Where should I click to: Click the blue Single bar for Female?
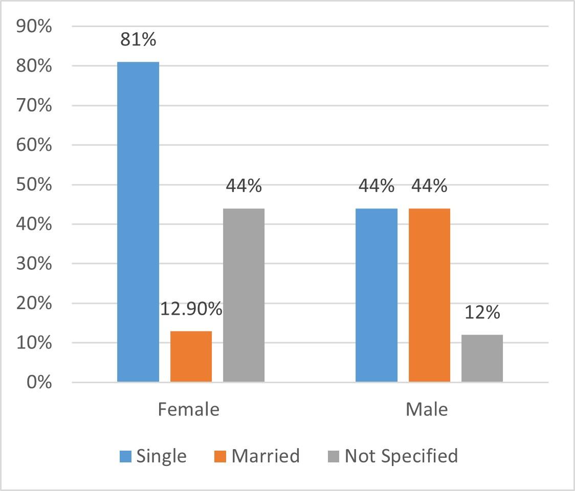pos(138,222)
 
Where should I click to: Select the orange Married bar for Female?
pos(191,357)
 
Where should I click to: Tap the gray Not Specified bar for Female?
pos(244,295)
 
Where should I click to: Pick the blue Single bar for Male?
pos(377,295)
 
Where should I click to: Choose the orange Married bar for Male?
pos(429,295)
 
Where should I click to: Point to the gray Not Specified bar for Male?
pos(482,359)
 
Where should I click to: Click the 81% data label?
pos(138,39)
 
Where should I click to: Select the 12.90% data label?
pos(191,309)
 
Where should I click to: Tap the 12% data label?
pos(482,312)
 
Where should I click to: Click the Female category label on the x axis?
pos(188,409)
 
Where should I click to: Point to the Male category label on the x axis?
pos(427,409)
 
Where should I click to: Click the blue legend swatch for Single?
pos(125,456)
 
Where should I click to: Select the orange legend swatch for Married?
pos(220,456)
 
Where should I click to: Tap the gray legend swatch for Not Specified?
pos(334,456)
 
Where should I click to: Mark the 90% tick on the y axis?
pos(34,27)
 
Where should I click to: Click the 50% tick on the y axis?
pos(34,184)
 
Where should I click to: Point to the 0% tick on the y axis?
pos(39,382)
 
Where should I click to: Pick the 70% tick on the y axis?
pos(34,105)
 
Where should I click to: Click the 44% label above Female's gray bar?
pos(244,185)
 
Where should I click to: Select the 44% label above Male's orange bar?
pos(429,185)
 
